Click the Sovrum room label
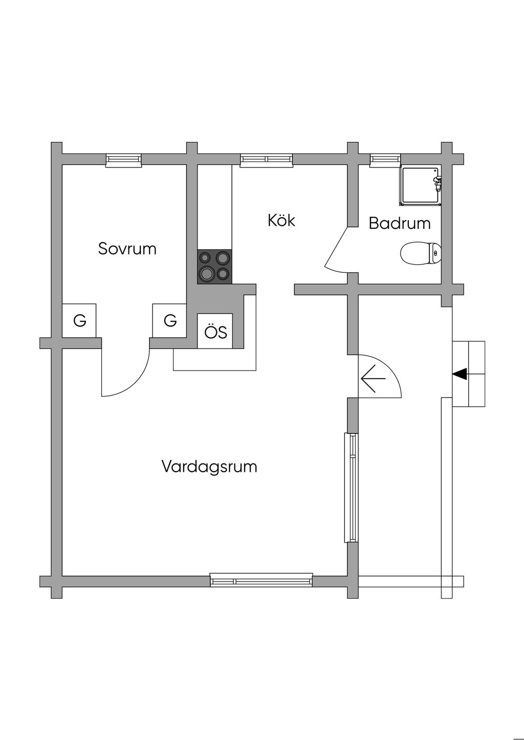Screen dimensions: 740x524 (127, 249)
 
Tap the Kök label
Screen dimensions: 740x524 (281, 220)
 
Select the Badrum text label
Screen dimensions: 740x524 (399, 223)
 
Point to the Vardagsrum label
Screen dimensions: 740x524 (209, 467)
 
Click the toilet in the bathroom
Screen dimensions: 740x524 (420, 253)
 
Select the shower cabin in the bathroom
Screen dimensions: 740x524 (420, 186)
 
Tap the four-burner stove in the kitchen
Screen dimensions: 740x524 (214, 266)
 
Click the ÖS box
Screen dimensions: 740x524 (215, 332)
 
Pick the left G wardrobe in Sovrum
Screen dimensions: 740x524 (79, 320)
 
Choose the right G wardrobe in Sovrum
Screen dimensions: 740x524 (169, 320)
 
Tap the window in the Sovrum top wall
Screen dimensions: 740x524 (123, 160)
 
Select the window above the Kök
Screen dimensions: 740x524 (267, 160)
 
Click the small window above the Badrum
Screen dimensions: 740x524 (385, 159)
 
